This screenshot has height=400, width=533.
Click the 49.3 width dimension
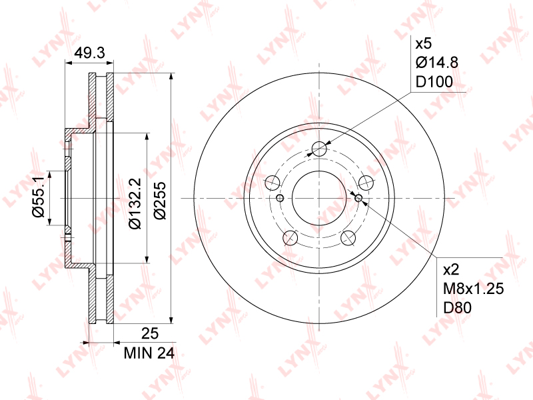pyautogui.click(x=90, y=53)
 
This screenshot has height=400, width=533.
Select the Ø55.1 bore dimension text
pyautogui.click(x=38, y=197)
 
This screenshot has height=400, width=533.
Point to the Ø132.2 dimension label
pyautogui.click(x=135, y=203)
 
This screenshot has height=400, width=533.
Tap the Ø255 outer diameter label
pyautogui.click(x=159, y=201)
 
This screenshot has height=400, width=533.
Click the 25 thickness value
pyautogui.click(x=150, y=334)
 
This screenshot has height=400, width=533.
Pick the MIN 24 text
pyautogui.click(x=149, y=353)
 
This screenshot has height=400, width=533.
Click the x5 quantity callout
pyautogui.click(x=424, y=43)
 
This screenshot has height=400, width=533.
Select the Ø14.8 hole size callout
pyautogui.click(x=437, y=63)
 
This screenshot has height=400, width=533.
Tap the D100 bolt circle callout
pyautogui.click(x=434, y=82)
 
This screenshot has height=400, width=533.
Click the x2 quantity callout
pyautogui.click(x=451, y=270)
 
